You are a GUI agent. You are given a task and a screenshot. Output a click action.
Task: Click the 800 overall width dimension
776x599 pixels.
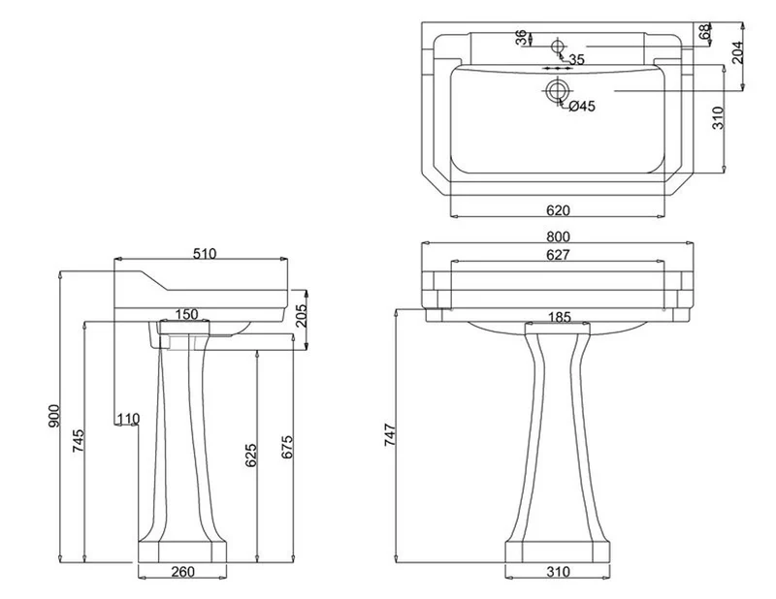(x=558, y=236)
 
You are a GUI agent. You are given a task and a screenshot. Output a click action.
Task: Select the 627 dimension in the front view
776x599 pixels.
(x=558, y=255)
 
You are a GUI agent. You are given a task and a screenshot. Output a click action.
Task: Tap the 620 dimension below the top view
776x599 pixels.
(x=558, y=210)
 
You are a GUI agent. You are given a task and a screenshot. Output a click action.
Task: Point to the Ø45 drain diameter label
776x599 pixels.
(x=582, y=106)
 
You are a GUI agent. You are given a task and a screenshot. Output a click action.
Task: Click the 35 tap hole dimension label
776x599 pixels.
(x=576, y=60)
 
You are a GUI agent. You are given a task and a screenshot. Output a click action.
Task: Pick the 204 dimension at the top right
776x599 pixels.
(x=737, y=52)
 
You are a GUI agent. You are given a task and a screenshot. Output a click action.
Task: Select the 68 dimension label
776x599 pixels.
(x=705, y=33)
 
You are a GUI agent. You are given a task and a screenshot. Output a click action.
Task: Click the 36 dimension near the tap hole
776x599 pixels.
(x=521, y=38)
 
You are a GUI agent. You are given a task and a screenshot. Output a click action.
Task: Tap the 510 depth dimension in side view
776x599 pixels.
(x=205, y=254)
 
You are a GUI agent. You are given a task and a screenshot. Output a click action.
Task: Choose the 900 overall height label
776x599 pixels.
(x=54, y=417)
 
